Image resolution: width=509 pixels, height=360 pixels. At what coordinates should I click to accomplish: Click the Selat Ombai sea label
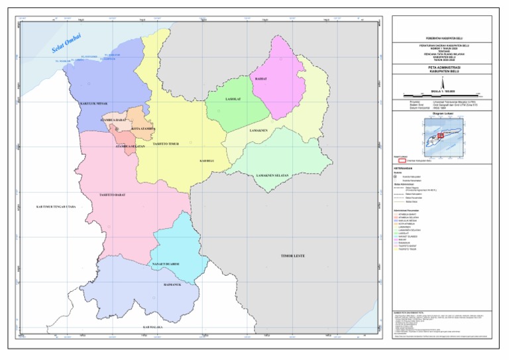[67, 43]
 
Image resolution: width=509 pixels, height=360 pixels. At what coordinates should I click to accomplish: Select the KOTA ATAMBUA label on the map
[142, 129]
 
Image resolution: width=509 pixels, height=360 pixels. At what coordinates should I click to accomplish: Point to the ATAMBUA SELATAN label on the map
[131, 145]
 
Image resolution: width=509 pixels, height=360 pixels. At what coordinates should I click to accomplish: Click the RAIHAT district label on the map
[261, 79]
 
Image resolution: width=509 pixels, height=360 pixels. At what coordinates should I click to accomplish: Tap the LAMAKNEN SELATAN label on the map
[273, 176]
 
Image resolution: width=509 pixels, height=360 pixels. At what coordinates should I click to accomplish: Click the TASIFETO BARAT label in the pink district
[112, 195]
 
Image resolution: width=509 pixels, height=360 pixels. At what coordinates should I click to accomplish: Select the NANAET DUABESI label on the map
[166, 264]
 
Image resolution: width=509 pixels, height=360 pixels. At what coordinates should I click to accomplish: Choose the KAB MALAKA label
[153, 327]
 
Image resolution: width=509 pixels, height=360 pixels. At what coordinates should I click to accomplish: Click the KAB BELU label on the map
[207, 160]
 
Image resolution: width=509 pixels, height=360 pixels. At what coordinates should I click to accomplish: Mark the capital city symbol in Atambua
[117, 128]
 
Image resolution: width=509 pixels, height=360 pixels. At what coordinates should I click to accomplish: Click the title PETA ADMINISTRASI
[444, 68]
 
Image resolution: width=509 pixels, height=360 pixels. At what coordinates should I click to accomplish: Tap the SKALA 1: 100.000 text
[443, 91]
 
